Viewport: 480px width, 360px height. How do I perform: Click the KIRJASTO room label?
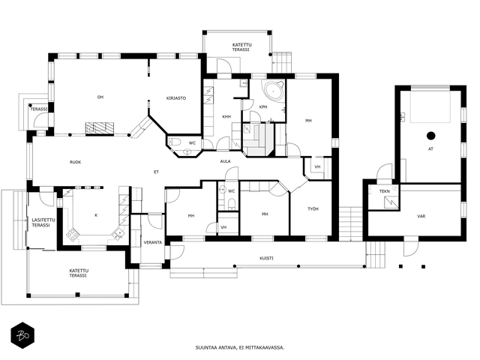click(176, 98)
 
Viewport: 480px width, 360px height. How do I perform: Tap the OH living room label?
click(100, 97)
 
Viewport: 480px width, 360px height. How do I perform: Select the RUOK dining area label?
click(75, 162)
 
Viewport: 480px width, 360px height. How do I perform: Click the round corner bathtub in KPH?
click(272, 91)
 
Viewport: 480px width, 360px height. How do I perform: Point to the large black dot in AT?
click(431, 135)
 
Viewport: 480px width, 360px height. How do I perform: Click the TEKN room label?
click(385, 191)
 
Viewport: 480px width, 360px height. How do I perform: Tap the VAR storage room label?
click(421, 216)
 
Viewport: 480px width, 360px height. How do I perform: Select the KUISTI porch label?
click(267, 258)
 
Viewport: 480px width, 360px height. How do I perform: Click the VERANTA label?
click(153, 242)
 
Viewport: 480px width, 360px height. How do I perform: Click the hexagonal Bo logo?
click(22, 335)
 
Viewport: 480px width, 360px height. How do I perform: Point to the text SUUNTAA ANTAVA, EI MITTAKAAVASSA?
click(240, 347)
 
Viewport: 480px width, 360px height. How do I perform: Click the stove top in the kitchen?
click(73, 234)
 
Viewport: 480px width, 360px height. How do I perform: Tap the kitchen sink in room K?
click(118, 233)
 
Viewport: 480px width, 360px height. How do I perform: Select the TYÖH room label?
click(313, 208)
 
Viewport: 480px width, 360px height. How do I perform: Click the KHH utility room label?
click(226, 117)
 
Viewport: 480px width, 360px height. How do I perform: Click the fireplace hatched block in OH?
click(100, 128)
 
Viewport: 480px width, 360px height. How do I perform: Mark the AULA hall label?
click(225, 161)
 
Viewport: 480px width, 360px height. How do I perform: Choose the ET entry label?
click(156, 172)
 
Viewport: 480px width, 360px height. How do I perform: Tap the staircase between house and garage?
click(351, 224)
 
